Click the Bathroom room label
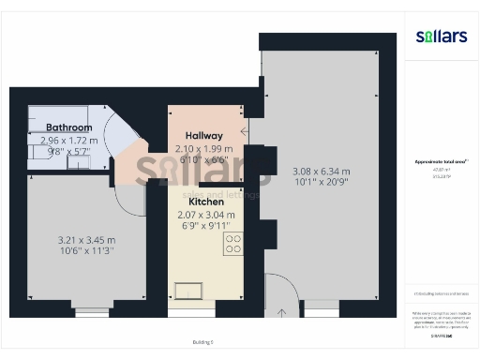(69, 127)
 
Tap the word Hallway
(204, 135)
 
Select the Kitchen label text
(204, 201)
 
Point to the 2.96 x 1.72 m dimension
(69, 140)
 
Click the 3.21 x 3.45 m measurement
(85, 239)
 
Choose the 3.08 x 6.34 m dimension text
(321, 172)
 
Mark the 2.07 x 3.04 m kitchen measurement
(206, 215)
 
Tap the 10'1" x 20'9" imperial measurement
(321, 183)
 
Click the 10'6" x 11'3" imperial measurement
(85, 250)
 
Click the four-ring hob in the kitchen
(233, 244)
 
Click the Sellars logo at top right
(441, 37)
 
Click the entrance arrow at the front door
(284, 311)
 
